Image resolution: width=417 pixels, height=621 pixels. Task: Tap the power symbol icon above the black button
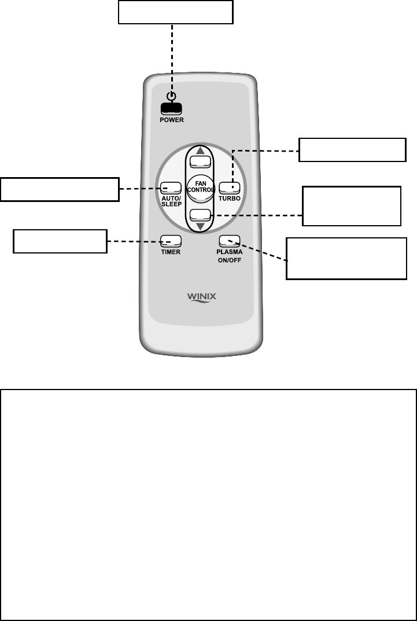[172, 97]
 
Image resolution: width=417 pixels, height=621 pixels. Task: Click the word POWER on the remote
[172, 120]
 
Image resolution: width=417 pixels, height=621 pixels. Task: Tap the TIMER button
[171, 241]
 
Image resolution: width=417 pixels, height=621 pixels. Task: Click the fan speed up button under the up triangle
[200, 160]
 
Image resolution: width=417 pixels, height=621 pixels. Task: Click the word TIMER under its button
[171, 252]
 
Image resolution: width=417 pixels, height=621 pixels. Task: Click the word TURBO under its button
[229, 198]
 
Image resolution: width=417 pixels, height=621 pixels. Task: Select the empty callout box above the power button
[175, 12]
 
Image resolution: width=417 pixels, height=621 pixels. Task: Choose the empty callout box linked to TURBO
[351, 150]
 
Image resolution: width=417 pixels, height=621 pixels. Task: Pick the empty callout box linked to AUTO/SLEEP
[60, 189]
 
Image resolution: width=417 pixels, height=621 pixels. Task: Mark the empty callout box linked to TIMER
[60, 241]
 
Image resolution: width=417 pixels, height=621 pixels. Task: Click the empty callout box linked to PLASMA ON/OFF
[346, 258]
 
